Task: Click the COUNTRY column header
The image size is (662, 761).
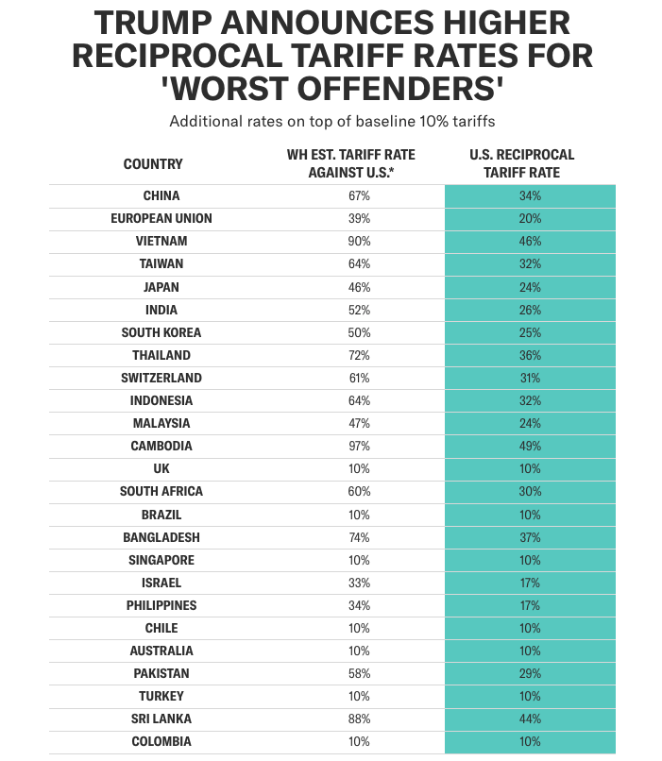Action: click(153, 164)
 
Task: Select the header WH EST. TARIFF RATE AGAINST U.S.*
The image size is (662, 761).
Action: click(350, 163)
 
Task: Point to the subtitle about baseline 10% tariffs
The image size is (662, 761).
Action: click(331, 122)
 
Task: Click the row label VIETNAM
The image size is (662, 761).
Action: click(161, 242)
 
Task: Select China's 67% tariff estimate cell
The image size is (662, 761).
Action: click(359, 196)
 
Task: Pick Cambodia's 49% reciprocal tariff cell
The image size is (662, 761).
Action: click(530, 447)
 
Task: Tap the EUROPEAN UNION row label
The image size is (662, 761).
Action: click(161, 219)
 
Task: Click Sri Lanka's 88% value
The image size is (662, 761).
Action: click(359, 719)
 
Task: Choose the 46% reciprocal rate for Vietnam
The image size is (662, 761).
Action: click(530, 242)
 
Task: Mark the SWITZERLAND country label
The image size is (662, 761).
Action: click(161, 379)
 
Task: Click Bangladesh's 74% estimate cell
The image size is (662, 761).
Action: click(359, 537)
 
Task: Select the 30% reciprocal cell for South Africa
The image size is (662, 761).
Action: click(530, 492)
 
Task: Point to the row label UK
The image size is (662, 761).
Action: click(161, 469)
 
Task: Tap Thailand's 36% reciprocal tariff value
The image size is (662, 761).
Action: click(530, 356)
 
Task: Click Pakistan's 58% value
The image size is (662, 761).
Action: click(359, 674)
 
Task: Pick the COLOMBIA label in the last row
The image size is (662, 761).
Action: click(161, 742)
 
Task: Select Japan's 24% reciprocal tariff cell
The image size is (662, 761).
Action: click(530, 287)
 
